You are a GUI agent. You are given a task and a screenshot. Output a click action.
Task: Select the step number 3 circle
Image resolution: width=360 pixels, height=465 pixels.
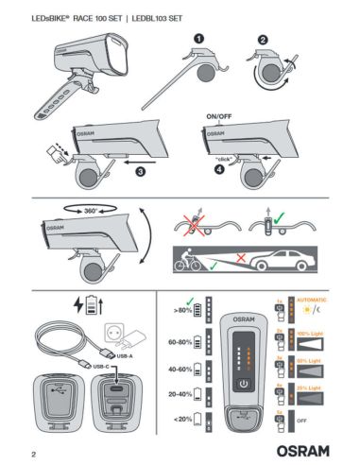[139, 173]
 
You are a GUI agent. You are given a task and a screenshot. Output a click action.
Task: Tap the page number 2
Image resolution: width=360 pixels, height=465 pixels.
[33, 452]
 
